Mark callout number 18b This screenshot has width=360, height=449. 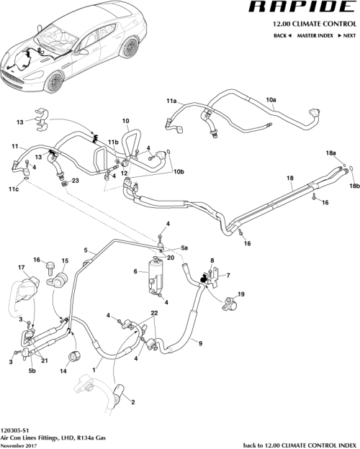click(353, 186)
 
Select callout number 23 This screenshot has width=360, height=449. click(75, 181)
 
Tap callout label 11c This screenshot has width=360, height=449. click(14, 190)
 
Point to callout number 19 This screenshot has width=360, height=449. click(241, 295)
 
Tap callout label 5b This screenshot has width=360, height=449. click(32, 371)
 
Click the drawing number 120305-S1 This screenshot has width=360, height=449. click(15, 428)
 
